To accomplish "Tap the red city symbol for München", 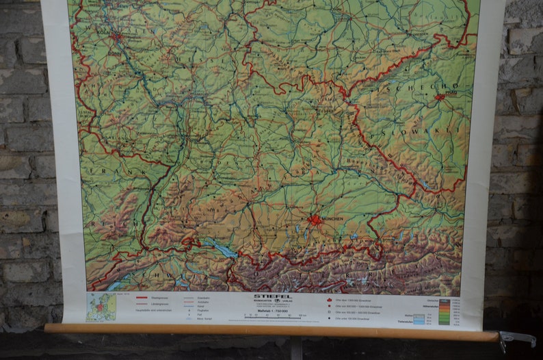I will click(315, 220).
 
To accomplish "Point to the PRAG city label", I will click(450, 89).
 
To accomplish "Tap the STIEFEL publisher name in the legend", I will click(271, 296).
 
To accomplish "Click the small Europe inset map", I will click(101, 307).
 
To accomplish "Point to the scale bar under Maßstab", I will click(274, 316).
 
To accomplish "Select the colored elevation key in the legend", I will click(445, 312).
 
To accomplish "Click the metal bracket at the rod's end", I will click(516, 338).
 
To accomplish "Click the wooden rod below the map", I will click(274, 332).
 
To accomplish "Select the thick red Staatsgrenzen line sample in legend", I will click(142, 298).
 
